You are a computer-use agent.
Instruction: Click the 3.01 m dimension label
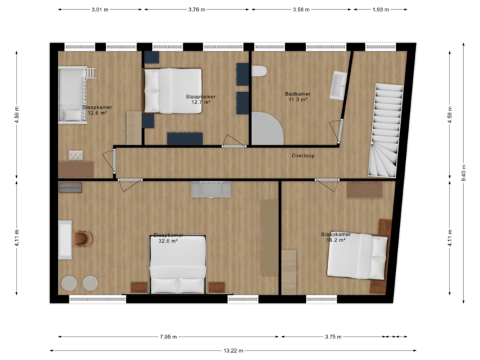[x=99, y=10]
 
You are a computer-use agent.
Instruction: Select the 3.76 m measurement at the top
[x=197, y=10]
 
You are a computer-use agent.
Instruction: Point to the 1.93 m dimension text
[x=380, y=10]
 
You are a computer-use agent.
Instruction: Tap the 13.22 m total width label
[x=233, y=350]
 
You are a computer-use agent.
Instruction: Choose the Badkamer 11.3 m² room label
[x=297, y=97]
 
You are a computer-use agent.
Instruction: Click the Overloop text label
[x=303, y=156]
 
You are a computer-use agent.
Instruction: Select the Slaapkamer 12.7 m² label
[x=200, y=99]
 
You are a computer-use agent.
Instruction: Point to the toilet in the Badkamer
[x=259, y=71]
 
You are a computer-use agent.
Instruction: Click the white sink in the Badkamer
[x=338, y=86]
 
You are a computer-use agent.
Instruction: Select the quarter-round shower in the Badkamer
[x=267, y=128]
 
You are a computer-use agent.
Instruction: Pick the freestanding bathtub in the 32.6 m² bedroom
[x=65, y=239]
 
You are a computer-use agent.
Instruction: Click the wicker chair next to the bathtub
[x=83, y=238]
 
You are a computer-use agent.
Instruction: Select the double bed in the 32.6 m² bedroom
[x=178, y=265]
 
